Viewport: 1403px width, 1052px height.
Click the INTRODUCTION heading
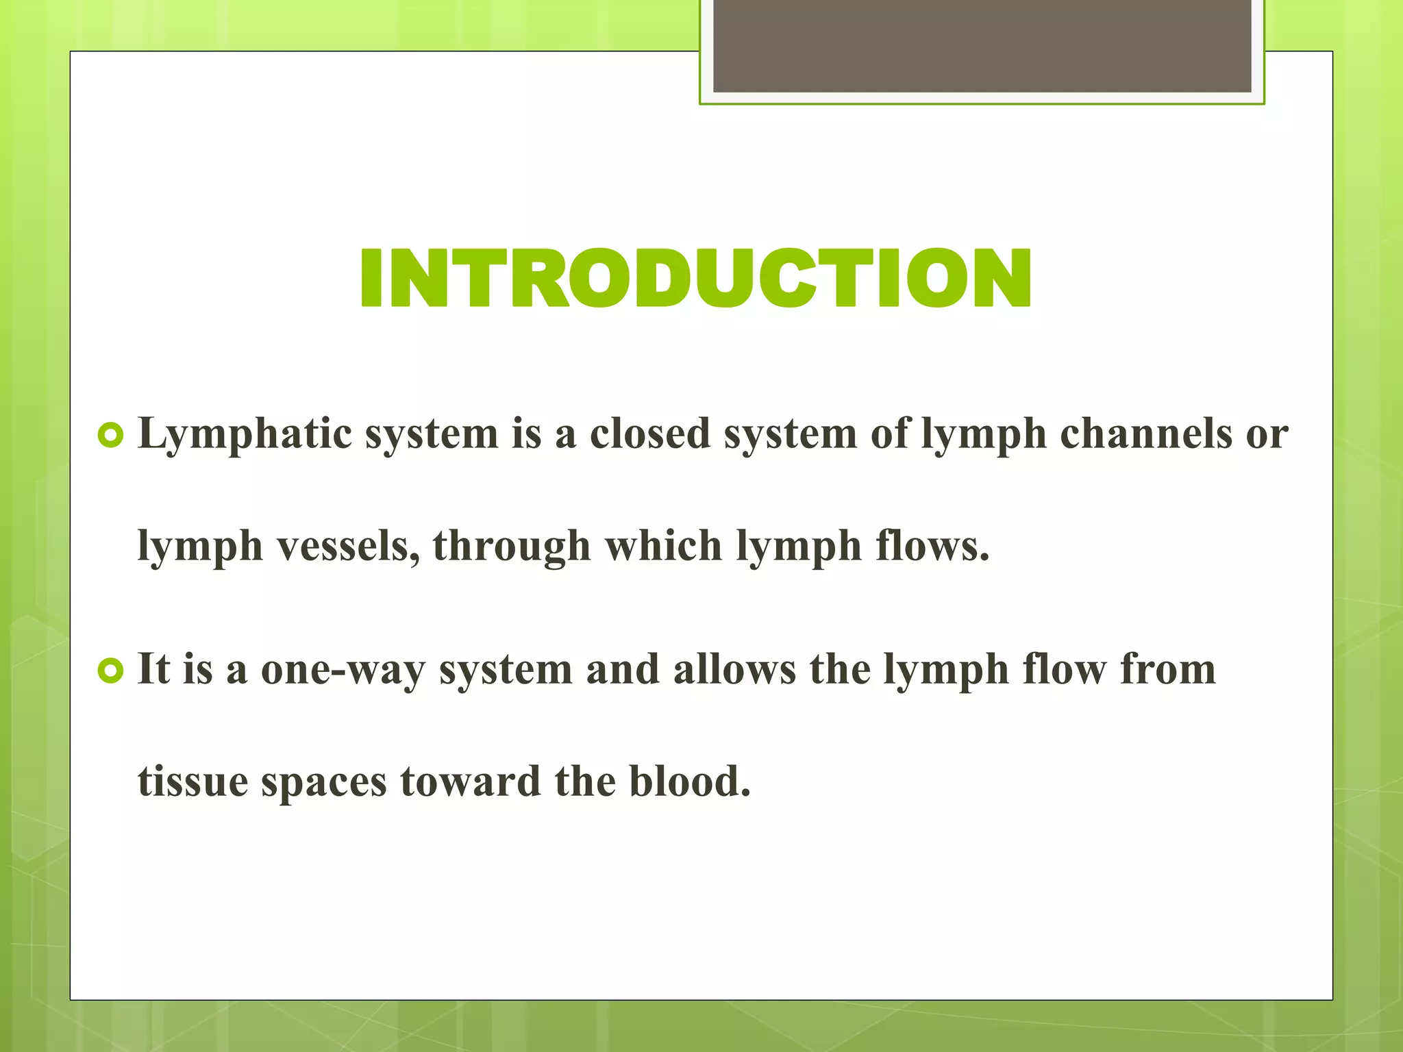pos(695,279)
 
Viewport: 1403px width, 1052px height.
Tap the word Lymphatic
pos(245,434)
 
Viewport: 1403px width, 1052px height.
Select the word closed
pos(650,434)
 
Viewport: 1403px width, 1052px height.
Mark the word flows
pos(932,547)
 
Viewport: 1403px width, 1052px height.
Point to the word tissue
pos(193,781)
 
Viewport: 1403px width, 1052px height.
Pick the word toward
pos(471,781)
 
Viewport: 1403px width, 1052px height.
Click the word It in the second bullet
pos(153,668)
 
